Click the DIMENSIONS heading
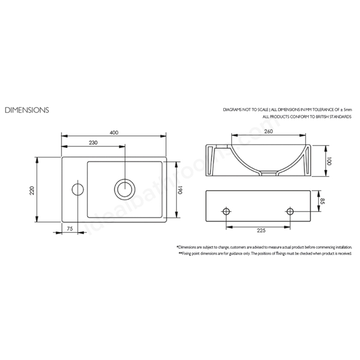point(26,110)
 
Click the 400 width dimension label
point(114,133)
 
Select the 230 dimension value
point(93,143)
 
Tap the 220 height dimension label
point(32,190)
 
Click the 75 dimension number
point(70,228)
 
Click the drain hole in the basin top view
point(123,188)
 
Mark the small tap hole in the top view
point(78,188)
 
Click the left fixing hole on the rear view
point(226,212)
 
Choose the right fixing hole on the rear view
point(290,212)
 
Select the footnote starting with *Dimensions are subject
point(264,247)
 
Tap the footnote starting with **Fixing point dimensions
point(264,254)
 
